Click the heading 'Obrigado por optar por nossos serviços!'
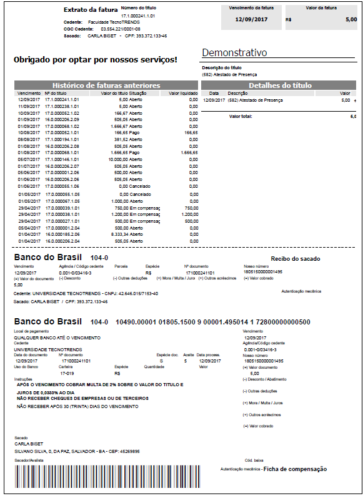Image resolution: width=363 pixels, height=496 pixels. point(95,60)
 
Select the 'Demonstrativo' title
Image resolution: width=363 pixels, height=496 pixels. point(234,52)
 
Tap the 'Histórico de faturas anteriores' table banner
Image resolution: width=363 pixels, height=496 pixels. point(106,85)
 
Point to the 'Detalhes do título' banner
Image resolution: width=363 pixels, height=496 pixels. point(280,85)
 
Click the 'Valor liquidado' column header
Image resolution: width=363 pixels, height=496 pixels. point(182,93)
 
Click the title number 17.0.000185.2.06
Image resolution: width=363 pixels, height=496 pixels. point(62,234)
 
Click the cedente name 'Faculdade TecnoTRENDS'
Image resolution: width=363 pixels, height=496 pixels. point(113,22)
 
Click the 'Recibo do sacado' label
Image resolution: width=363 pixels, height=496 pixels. point(294,258)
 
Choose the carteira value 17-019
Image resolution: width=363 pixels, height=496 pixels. point(67,373)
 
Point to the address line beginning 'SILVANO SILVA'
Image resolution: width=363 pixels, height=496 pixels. point(77,451)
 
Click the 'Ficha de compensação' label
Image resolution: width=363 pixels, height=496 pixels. point(294,469)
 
